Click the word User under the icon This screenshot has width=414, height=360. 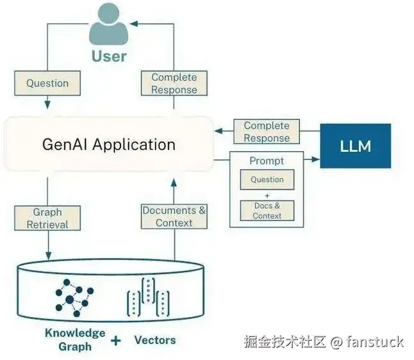pos(109,56)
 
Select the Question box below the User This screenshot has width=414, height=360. pos(47,83)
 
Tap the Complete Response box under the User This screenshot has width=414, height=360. pos(174,84)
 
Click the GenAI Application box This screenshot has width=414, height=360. pos(109,144)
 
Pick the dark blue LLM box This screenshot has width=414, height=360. pos(355,146)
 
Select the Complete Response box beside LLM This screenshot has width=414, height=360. pos(267,132)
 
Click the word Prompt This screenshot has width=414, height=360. pos(267,161)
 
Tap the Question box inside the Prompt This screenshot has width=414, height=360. pos(267,180)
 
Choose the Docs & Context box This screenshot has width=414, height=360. pos(267,211)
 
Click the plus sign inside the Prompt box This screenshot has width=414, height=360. pos(267,195)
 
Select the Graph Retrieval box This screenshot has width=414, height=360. pos(47,218)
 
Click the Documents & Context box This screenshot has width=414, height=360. pos(174,217)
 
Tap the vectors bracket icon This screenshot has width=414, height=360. pos(148,297)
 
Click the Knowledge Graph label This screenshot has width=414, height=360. pos(75,340)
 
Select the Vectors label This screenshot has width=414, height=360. pos(154,340)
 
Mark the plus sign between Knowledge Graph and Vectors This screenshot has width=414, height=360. pos(115,341)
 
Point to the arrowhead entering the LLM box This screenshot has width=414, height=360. pos(315,158)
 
